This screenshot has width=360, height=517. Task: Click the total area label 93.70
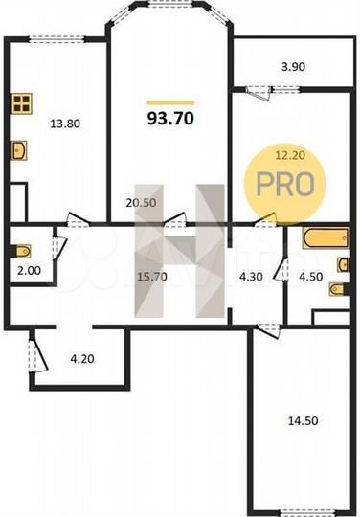[169, 120]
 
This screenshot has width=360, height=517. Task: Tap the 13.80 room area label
[66, 123]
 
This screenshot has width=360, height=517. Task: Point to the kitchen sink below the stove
[21, 148]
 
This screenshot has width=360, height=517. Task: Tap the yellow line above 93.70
[169, 101]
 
